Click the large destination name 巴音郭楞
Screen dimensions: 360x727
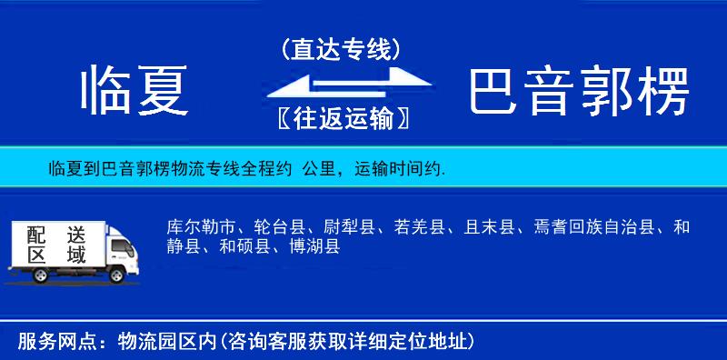tap(579, 92)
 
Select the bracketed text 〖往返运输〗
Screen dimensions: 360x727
tap(340, 119)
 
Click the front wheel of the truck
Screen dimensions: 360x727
tap(116, 275)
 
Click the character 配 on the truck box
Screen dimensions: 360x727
tap(36, 234)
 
